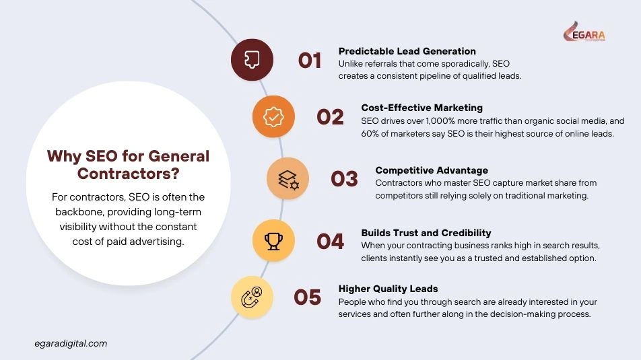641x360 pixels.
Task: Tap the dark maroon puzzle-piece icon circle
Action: click(252, 60)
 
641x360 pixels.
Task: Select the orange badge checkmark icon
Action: click(273, 116)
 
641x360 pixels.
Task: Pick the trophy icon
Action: click(273, 240)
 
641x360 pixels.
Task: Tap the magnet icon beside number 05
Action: click(252, 297)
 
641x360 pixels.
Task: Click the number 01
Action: click(310, 61)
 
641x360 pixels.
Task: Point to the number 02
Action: click(330, 117)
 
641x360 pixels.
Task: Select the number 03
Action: click(344, 179)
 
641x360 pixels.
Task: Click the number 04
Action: click(330, 241)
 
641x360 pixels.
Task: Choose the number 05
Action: click(308, 297)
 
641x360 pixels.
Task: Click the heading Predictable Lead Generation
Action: click(407, 51)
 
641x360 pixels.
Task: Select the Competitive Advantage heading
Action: click(432, 170)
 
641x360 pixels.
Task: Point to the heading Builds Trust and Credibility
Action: click(426, 233)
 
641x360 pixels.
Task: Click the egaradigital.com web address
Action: click(70, 343)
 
